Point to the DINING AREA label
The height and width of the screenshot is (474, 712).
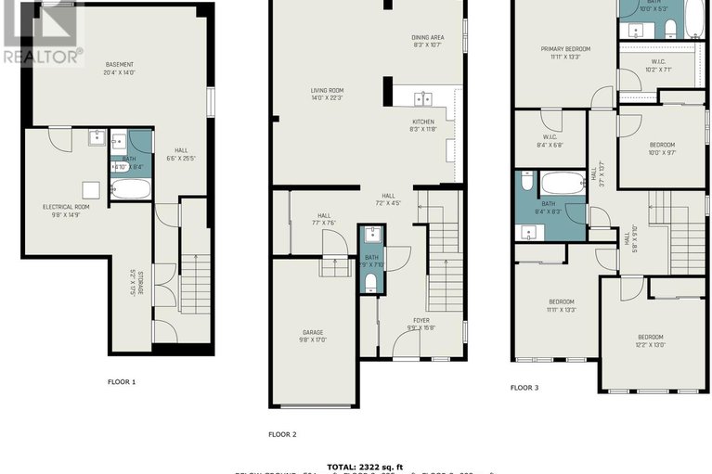click(x=429, y=40)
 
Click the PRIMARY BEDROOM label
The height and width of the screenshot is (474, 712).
click(x=566, y=52)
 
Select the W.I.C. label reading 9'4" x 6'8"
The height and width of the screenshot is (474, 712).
click(x=550, y=140)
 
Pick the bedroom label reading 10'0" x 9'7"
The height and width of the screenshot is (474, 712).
click(x=662, y=148)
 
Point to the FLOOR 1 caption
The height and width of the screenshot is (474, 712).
click(x=122, y=381)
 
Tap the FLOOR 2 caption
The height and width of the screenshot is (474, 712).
click(x=282, y=433)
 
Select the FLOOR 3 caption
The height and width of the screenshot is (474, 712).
click(x=524, y=388)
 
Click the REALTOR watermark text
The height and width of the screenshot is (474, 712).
click(x=43, y=56)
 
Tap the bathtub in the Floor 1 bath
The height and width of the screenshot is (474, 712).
click(x=131, y=190)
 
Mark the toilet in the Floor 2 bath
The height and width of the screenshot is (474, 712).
click(x=371, y=281)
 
